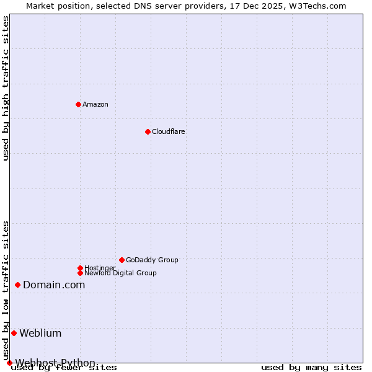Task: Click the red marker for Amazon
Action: [78, 104]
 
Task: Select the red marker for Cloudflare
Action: [148, 131]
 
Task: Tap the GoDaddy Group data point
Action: [122, 260]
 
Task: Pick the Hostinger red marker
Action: [80, 268]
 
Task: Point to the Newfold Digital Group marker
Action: [80, 273]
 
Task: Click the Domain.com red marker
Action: [17, 285]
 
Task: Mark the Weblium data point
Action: [14, 333]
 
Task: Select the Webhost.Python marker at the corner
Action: [9, 363]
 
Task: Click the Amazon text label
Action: [95, 104]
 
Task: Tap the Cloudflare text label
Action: [168, 131]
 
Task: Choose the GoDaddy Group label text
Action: [152, 260]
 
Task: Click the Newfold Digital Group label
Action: [120, 273]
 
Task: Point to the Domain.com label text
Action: [54, 285]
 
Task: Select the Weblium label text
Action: [40, 334]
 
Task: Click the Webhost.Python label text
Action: [56, 362]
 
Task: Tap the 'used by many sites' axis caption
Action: [311, 368]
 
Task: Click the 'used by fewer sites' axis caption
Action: [64, 368]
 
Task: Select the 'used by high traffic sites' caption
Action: [6, 89]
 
